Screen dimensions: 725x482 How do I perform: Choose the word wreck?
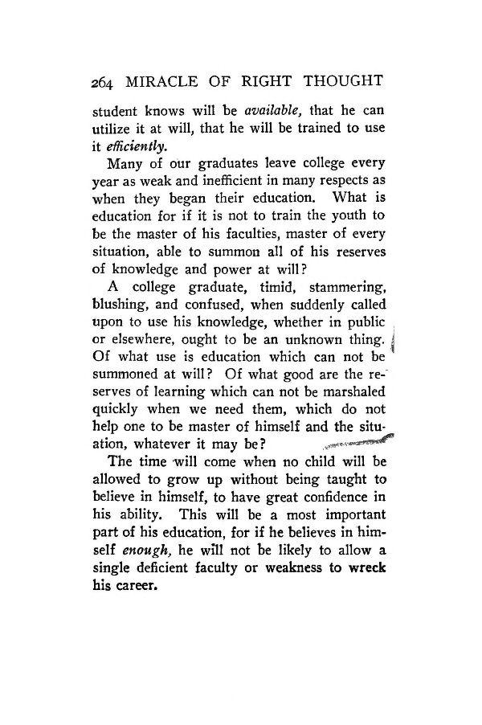366,567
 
